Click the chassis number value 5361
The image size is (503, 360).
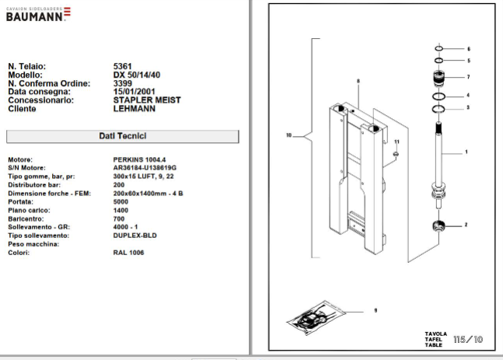pyautogui.click(x=123, y=66)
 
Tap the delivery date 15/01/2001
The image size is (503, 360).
pyautogui.click(x=137, y=92)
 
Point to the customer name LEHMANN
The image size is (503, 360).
pyautogui.click(x=134, y=109)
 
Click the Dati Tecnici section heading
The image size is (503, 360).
pyautogui.click(x=122, y=136)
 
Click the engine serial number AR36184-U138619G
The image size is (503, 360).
pyautogui.click(x=145, y=168)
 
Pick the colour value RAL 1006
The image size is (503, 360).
pyautogui.click(x=129, y=253)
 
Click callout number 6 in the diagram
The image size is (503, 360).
pyautogui.click(x=469, y=49)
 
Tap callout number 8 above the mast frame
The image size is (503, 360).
pyautogui.click(x=359, y=81)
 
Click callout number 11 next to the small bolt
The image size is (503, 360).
pyautogui.click(x=396, y=142)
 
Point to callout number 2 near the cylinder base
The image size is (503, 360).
pyautogui.click(x=466, y=225)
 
